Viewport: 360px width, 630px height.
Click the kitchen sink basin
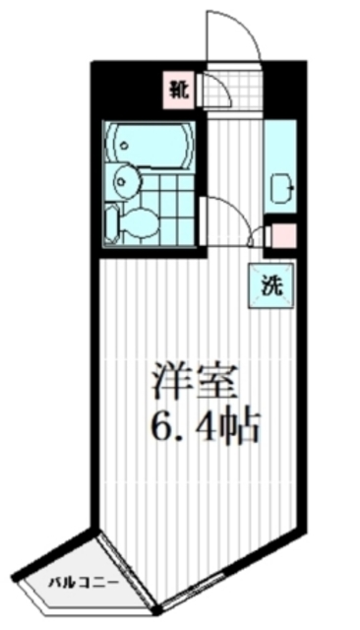click(x=279, y=185)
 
